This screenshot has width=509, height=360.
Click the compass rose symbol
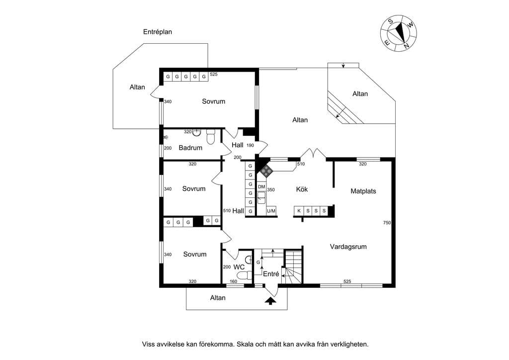point(398,33)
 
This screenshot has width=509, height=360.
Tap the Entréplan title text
point(158,32)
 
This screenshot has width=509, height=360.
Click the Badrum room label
point(190,148)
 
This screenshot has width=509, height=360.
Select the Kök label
point(302,189)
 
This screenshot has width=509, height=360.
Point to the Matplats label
point(363,191)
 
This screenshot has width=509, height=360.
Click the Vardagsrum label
point(348,247)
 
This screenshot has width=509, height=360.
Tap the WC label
point(239,267)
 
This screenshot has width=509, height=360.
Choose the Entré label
point(271,274)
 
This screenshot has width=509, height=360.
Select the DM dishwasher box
point(261,186)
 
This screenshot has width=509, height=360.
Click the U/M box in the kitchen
point(271,211)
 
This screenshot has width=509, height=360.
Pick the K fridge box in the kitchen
point(299,211)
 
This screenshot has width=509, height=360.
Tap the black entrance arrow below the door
point(270,301)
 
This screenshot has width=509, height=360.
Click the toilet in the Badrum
point(211,137)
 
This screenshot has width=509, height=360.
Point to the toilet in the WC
point(245,275)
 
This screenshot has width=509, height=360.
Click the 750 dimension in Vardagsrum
point(387,223)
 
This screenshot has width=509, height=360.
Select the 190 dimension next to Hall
point(250,145)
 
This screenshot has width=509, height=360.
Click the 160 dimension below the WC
point(234,281)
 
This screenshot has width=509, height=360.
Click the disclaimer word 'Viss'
point(148,344)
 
